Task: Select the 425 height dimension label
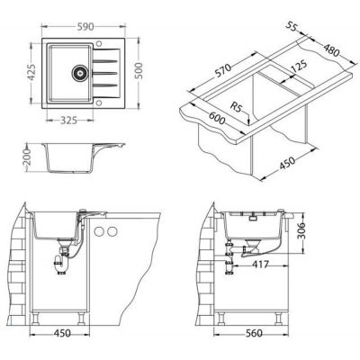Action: click(x=31, y=73)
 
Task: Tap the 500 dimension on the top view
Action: click(x=139, y=72)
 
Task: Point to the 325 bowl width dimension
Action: click(x=69, y=121)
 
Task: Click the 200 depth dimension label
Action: click(x=27, y=157)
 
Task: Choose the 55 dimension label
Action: click(x=291, y=27)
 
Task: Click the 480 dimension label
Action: click(x=330, y=49)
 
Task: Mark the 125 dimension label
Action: click(x=297, y=67)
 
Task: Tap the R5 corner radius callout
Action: click(x=236, y=106)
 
